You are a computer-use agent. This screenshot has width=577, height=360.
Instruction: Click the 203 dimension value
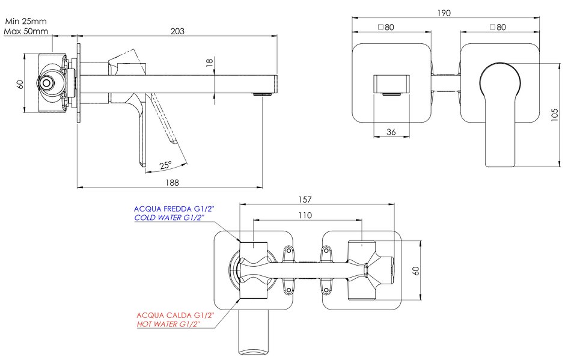pos(177,31)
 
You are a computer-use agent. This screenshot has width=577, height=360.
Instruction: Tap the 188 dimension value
pos(172,183)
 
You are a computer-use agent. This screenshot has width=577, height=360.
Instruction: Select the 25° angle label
pos(166,165)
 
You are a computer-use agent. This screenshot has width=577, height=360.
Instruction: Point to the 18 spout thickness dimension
pos(209,63)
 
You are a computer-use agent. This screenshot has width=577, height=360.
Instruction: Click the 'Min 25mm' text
pos(26,21)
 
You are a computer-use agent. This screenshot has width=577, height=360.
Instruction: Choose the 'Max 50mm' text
pos(26,31)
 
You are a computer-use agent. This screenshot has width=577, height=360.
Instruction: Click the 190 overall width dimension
pos(444,13)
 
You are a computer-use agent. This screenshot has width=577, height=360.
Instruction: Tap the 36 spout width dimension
pos(391,132)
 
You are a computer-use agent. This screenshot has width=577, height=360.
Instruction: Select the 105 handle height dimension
pos(555,115)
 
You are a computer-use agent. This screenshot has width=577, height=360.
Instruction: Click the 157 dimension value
pos(305,200)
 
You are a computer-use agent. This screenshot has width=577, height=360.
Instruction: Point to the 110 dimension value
pos(305,215)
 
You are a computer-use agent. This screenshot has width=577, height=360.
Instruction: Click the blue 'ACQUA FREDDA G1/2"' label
pos(174,209)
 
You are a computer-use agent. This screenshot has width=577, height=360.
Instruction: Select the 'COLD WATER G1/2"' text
pos(169,218)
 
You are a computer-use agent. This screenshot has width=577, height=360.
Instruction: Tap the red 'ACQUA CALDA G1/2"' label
pos(175,316)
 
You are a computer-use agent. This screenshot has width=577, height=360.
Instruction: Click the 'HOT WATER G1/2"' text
pos(168,325)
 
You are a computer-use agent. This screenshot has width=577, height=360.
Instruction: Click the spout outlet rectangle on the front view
pos(391,84)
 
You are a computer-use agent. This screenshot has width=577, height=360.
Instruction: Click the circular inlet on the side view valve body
pos(46,83)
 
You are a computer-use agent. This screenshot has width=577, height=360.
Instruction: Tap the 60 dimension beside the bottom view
pos(416,270)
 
